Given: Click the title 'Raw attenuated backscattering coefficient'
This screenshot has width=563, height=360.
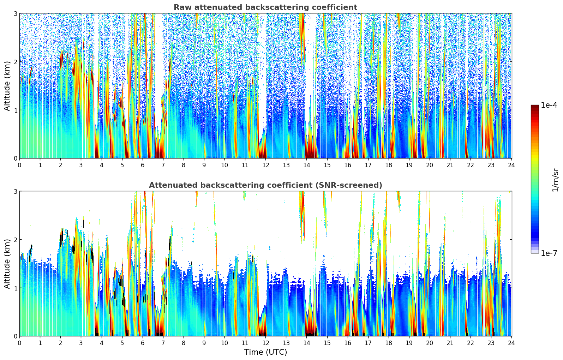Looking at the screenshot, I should pos(265,7).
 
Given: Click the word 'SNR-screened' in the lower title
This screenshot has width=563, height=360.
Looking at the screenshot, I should pos(353,185).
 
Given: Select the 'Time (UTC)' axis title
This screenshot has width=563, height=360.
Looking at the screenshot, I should pos(265,352).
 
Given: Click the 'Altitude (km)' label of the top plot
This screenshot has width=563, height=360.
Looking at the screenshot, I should pos(7,86).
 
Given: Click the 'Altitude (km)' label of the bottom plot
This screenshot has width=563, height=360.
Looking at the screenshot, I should pos(7,264).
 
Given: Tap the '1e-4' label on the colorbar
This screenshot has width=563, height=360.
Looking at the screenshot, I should pos(549,105).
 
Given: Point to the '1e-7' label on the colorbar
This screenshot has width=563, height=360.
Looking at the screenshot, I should pos(549,253).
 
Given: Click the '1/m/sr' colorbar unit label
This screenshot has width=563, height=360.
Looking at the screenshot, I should pos(555,180).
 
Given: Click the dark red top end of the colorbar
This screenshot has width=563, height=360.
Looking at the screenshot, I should pos(535,106).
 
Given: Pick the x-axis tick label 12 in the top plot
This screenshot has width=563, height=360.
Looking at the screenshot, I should pos(265,165).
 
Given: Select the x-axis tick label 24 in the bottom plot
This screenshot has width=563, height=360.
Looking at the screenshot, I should pos(511,343).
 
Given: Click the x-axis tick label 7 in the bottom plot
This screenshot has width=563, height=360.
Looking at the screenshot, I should pos(163,343).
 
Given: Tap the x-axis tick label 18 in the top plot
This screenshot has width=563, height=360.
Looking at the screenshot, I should pos(389,165).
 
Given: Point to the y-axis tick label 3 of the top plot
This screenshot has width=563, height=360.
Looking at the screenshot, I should pos(15,13).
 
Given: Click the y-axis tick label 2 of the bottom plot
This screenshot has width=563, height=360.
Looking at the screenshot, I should pos(15,240).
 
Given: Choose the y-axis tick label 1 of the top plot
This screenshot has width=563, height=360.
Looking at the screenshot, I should pos(15,110).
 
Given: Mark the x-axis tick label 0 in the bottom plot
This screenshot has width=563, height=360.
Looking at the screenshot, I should pos(19,343).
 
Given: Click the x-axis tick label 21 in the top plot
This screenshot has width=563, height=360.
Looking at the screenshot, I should pos(450,165).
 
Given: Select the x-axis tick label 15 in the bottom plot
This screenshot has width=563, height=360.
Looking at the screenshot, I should pos(327,343).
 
